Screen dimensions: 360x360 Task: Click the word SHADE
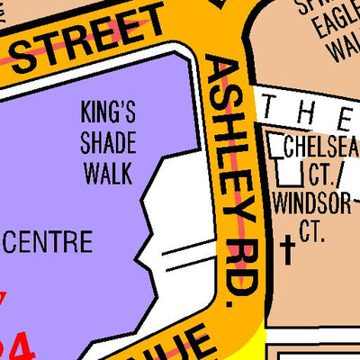108,143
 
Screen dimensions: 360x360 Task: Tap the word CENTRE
49,241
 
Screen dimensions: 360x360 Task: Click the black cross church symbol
288,249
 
